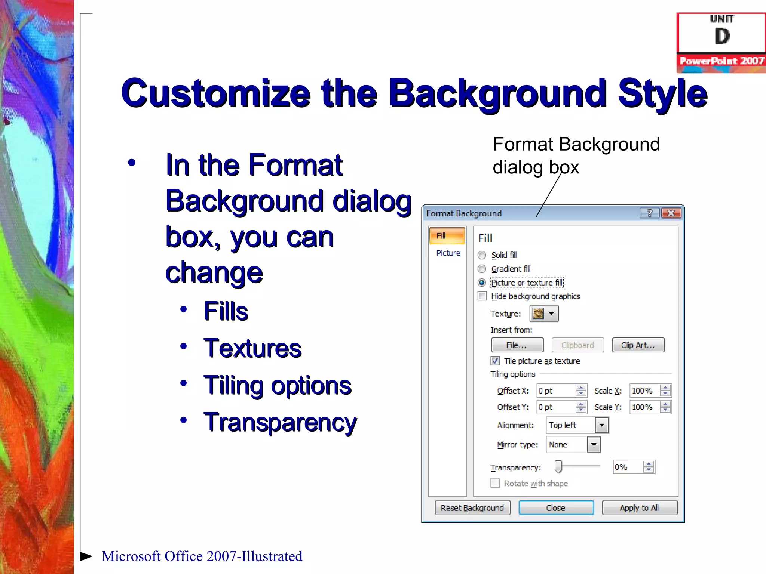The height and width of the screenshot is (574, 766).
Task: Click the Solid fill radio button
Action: pyautogui.click(x=482, y=255)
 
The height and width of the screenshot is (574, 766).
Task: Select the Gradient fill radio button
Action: pyautogui.click(x=482, y=269)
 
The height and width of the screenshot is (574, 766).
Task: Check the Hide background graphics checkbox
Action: pyautogui.click(x=482, y=296)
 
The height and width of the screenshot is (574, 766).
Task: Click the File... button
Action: pyautogui.click(x=517, y=345)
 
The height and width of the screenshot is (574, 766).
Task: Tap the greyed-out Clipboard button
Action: pyautogui.click(x=577, y=345)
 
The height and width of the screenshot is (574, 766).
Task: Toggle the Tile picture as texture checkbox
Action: pyautogui.click(x=495, y=361)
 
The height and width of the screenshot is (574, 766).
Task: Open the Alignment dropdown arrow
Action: pyautogui.click(x=601, y=425)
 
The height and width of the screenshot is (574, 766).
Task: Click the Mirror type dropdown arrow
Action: pyautogui.click(x=594, y=445)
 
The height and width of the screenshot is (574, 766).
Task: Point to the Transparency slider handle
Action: pyautogui.click(x=558, y=467)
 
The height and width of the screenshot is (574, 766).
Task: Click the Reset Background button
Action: pyautogui.click(x=472, y=508)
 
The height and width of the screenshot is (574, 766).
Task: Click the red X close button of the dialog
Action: pyautogui.click(x=671, y=213)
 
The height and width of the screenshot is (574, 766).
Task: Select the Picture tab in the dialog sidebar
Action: pyautogui.click(x=448, y=253)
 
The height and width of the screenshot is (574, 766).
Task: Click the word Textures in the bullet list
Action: pyautogui.click(x=252, y=348)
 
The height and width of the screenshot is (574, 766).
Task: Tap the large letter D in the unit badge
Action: pyautogui.click(x=722, y=37)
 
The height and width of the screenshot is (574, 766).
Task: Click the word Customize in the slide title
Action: pyautogui.click(x=216, y=93)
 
